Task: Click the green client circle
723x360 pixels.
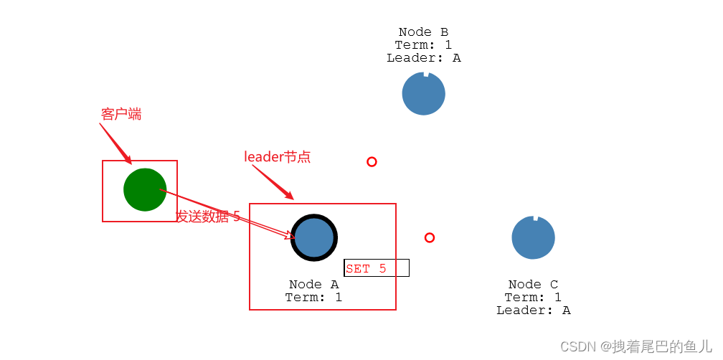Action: [x=145, y=190]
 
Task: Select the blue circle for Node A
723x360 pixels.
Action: [x=314, y=237]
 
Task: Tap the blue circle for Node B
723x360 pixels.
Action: [x=423, y=94]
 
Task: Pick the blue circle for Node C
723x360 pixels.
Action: [x=533, y=237]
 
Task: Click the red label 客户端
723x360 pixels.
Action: [x=121, y=114]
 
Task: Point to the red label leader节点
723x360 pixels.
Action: [x=278, y=157]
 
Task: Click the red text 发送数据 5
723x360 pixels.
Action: [x=208, y=217]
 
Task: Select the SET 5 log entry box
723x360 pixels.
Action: [x=377, y=268]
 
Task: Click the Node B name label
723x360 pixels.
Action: [x=423, y=32]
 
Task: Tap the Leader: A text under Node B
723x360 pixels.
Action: [x=423, y=58]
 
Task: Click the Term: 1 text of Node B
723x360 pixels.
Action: [x=423, y=45]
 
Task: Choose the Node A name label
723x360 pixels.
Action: [x=314, y=285]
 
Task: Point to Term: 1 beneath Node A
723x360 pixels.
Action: [x=314, y=298]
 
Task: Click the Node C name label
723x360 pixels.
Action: [x=533, y=285]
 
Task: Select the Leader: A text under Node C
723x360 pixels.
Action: [x=533, y=311]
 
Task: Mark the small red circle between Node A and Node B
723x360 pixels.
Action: [x=372, y=162]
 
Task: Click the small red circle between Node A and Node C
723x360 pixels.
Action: [x=429, y=237]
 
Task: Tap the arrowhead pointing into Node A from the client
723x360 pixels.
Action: [x=290, y=235]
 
